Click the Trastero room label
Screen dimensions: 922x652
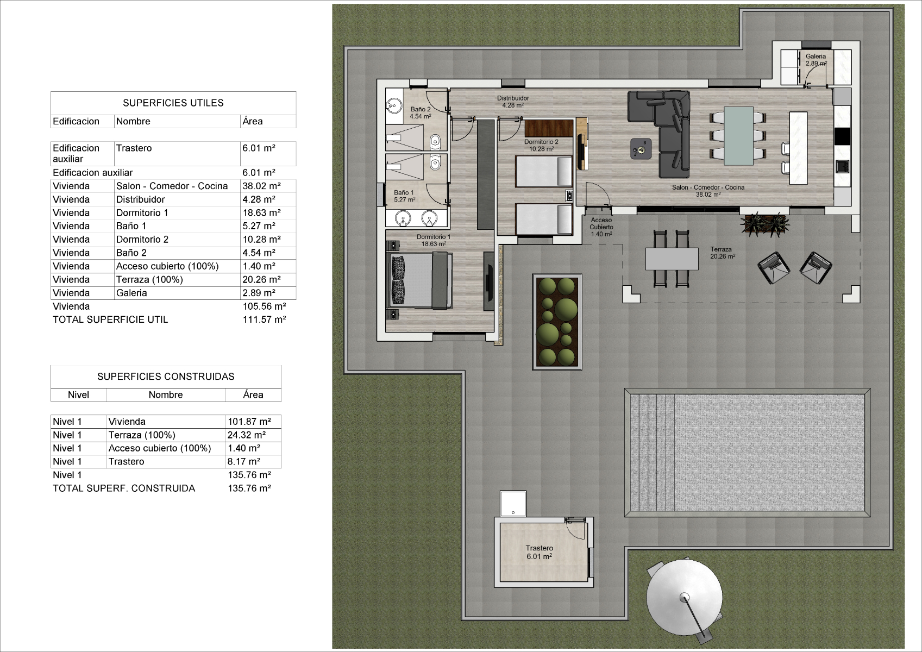pyautogui.click(x=539, y=548)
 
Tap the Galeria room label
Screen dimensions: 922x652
pyautogui.click(x=816, y=57)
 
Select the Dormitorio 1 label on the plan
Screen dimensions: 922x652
pyautogui.click(x=434, y=237)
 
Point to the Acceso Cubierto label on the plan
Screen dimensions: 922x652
pyautogui.click(x=601, y=223)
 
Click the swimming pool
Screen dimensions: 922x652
pyautogui.click(x=747, y=453)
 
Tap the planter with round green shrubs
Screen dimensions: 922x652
pyautogui.click(x=557, y=322)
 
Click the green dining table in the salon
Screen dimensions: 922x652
pyautogui.click(x=738, y=136)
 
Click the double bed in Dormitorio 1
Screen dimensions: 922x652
pyautogui.click(x=420, y=281)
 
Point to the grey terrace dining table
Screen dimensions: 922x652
pyautogui.click(x=672, y=259)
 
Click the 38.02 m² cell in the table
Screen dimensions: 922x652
pyautogui.click(x=261, y=186)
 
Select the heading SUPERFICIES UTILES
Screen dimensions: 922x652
pyautogui.click(x=173, y=103)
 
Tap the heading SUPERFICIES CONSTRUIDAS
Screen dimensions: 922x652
pyautogui.click(x=166, y=377)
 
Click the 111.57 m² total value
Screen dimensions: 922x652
pyautogui.click(x=264, y=320)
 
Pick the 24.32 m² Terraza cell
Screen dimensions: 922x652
pyautogui.click(x=247, y=435)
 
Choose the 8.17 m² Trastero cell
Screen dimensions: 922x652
pyautogui.click(x=243, y=462)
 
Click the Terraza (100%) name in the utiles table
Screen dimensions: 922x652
pyautogui.click(x=149, y=280)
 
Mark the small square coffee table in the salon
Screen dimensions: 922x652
pyautogui.click(x=641, y=148)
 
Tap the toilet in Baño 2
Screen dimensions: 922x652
pyautogui.click(x=436, y=142)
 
